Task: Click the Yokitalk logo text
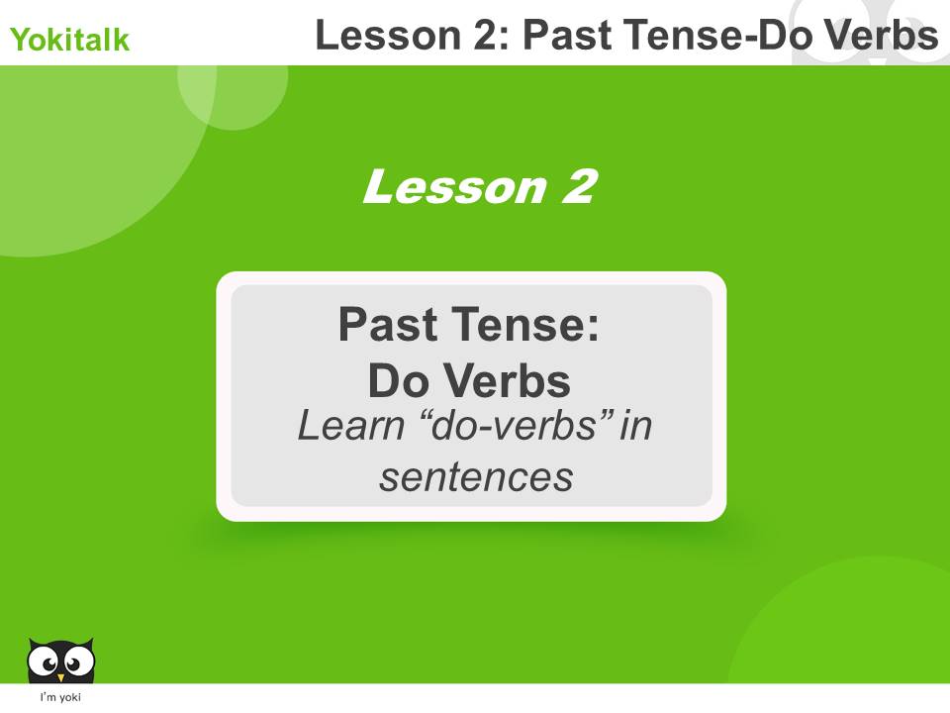[x=69, y=41]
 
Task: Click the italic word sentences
[x=476, y=477]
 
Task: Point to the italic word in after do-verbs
[x=636, y=428]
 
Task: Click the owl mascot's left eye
[x=45, y=658]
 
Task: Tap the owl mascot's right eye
[x=77, y=658]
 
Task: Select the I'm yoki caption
[x=60, y=698]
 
